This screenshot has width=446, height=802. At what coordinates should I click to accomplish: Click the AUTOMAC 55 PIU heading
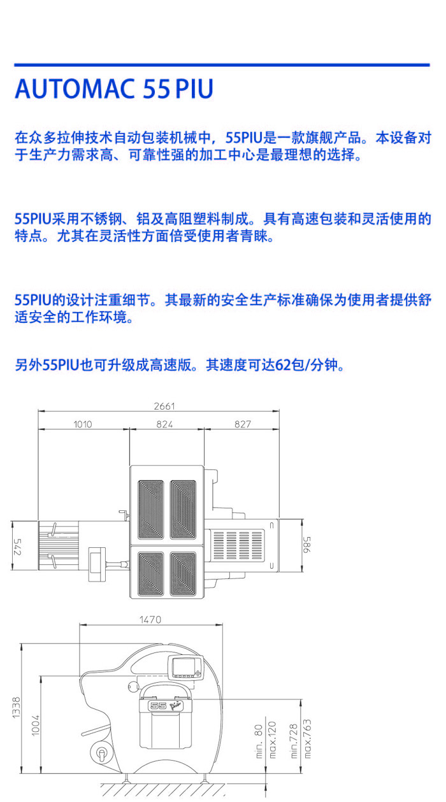tap(114, 89)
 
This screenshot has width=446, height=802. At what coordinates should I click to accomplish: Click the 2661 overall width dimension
tap(164, 406)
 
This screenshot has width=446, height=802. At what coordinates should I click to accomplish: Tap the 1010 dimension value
tap(83, 424)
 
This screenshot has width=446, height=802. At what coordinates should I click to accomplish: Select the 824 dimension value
tap(164, 424)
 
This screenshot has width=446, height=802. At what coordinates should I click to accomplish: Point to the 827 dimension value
tap(243, 424)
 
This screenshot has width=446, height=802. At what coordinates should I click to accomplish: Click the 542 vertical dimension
tap(17, 547)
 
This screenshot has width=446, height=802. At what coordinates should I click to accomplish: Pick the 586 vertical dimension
tap(307, 545)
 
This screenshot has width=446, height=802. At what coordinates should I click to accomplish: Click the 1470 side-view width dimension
tap(150, 619)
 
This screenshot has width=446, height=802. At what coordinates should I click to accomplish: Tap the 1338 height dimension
tap(16, 708)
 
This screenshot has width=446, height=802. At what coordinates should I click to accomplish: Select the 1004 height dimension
tap(36, 726)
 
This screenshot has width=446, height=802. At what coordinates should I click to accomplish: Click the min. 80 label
tap(259, 741)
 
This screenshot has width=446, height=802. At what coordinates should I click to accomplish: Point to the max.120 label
tap(272, 740)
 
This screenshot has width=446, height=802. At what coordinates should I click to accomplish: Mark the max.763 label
tap(307, 739)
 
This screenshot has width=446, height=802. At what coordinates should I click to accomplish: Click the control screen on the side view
tap(185, 668)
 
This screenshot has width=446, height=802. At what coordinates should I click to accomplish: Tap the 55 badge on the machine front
tap(158, 705)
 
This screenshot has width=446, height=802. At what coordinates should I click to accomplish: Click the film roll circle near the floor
tap(101, 754)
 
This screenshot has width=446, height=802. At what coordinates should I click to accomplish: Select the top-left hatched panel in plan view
tap(151, 509)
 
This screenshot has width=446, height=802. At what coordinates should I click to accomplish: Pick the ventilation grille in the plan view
tap(238, 545)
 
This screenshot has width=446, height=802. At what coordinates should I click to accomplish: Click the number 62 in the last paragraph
tap(283, 365)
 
